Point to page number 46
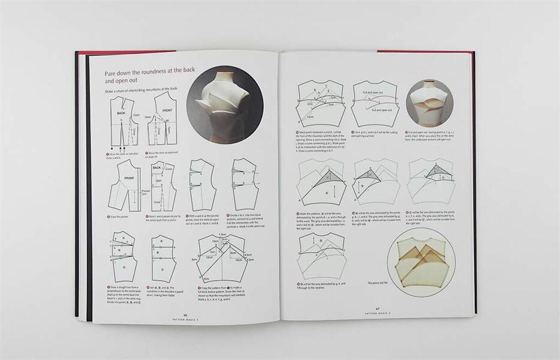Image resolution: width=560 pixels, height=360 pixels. tap(185, 314)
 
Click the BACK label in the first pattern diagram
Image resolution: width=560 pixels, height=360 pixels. tap(121, 113)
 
